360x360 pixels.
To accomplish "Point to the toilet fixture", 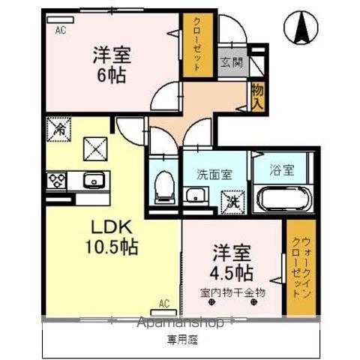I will [x=163, y=184].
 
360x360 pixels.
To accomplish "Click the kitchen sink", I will [x=93, y=179].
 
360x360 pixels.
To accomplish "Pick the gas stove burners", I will [x=58, y=180].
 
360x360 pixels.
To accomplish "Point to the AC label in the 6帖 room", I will [x=61, y=29].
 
